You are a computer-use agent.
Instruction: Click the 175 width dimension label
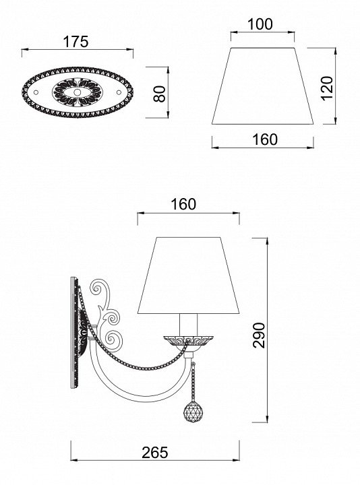pos(76,42)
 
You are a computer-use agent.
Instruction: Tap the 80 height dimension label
pos(160,94)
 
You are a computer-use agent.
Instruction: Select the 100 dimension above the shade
pos(260,24)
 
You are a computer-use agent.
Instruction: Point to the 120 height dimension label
pos(326,88)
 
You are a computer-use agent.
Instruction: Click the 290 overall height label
pos(259,335)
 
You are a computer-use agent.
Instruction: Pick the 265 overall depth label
pos(155,453)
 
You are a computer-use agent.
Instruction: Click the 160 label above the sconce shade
pos(183,204)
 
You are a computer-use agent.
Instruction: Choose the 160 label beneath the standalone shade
pos(265,139)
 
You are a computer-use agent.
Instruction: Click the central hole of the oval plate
pos(77,92)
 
